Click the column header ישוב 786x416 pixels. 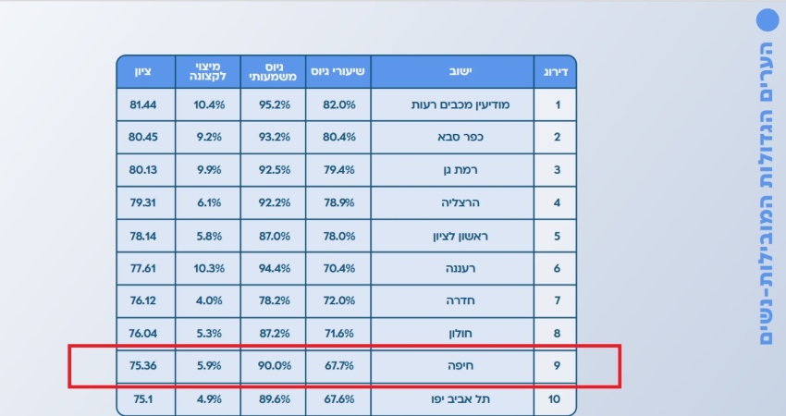453,71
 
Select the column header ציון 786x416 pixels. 143,71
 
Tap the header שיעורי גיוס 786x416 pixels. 337,71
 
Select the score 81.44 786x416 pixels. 143,104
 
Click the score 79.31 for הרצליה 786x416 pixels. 143,202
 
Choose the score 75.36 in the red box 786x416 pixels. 143,366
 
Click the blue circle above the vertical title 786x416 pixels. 767,20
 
